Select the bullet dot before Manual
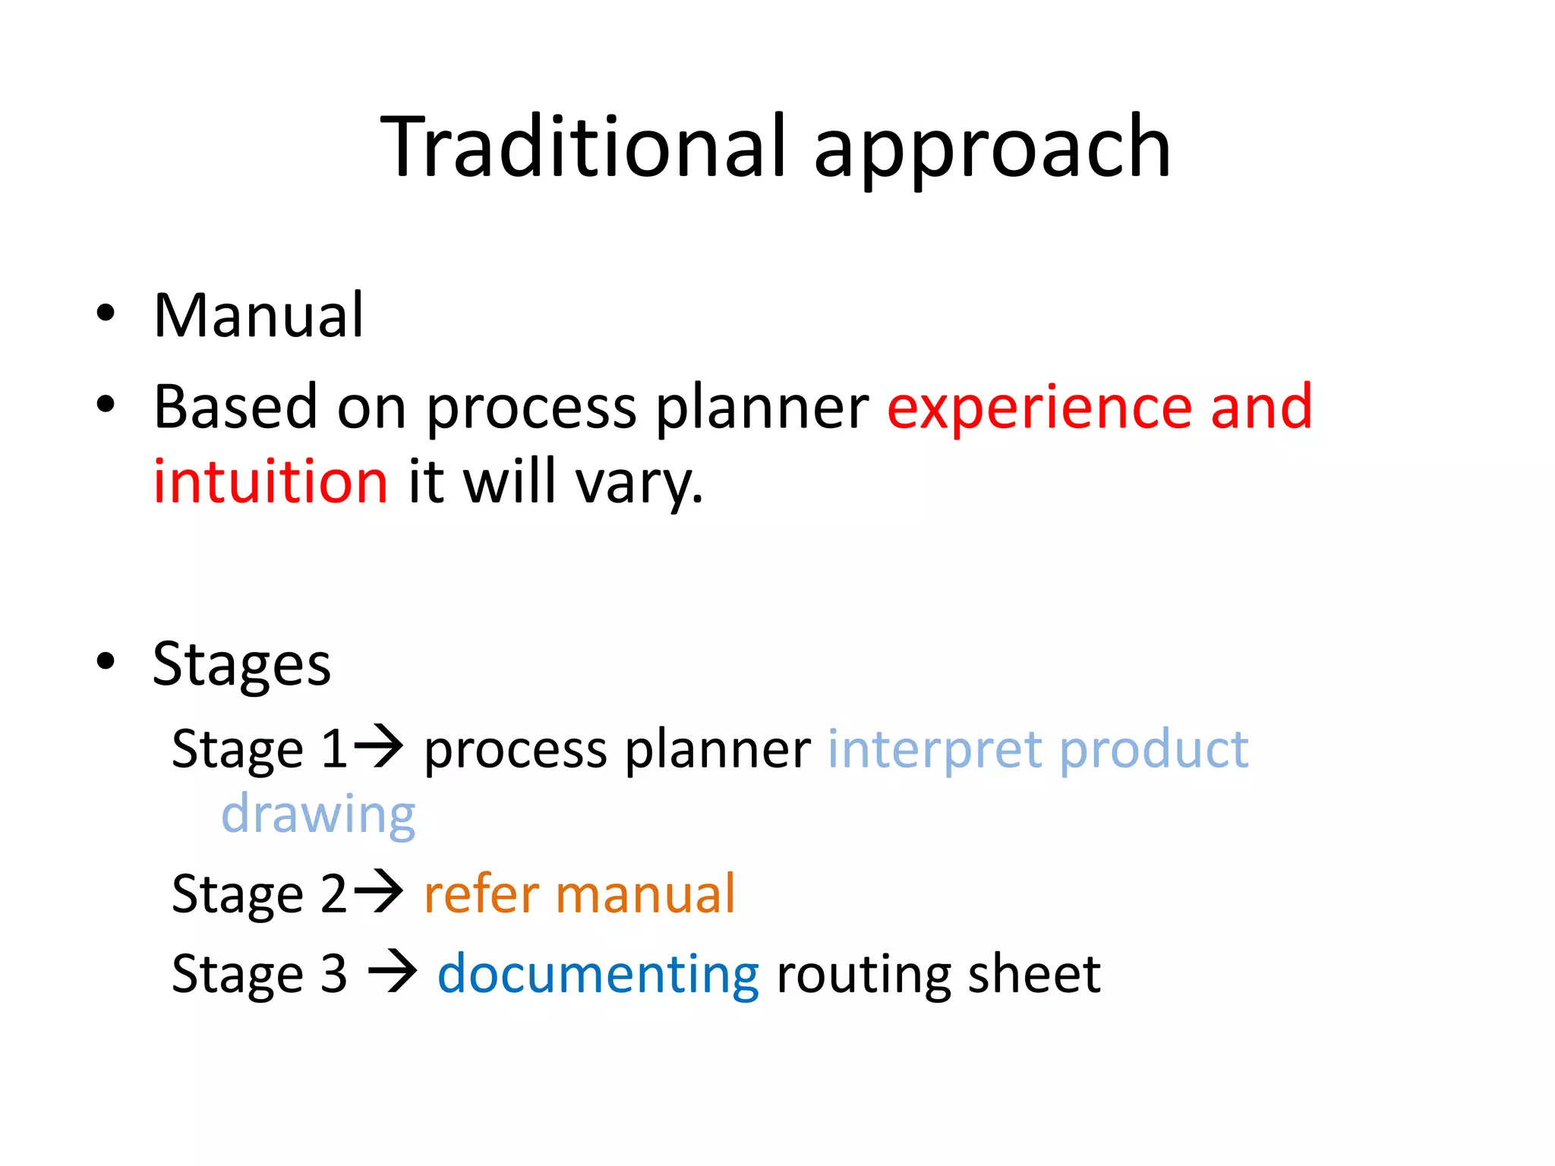pyautogui.click(x=106, y=314)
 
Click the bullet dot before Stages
pyautogui.click(x=106, y=660)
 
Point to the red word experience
pyautogui.click(x=1040, y=410)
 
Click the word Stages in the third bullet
pyautogui.click(x=241, y=665)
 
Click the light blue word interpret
pyautogui.click(x=935, y=751)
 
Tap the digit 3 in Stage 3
pyautogui.click(x=333, y=974)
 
